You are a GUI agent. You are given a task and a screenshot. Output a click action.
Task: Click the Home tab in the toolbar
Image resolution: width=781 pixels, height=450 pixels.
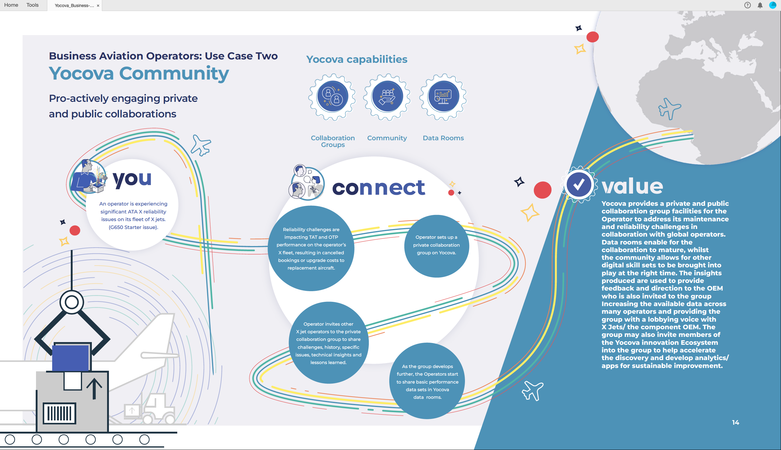coord(11,5)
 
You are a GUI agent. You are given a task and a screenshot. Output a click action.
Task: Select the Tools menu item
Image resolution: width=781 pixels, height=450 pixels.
coord(32,5)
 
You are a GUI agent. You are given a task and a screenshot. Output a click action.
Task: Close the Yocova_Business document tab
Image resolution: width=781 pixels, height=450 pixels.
coord(98,5)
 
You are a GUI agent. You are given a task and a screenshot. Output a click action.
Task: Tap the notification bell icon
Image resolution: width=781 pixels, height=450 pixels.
coord(760,5)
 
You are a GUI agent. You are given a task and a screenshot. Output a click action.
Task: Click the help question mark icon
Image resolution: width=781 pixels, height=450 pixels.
coord(747,5)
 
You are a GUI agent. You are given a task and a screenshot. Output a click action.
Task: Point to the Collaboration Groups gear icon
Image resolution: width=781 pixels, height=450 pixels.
coord(332,97)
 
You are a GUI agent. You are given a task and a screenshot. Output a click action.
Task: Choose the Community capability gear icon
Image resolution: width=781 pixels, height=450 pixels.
coord(387,97)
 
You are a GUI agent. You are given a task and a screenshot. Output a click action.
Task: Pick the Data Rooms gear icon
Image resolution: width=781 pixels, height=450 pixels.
coord(443,97)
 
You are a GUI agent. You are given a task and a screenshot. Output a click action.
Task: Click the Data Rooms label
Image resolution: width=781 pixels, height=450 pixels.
coord(443,138)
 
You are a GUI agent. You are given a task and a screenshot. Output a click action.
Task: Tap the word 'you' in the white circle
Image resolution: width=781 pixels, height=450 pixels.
coord(132,179)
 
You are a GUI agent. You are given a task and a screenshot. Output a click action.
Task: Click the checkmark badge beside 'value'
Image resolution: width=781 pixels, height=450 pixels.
coord(578,185)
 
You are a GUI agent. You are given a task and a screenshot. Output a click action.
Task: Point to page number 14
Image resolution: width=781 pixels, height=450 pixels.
coord(736,423)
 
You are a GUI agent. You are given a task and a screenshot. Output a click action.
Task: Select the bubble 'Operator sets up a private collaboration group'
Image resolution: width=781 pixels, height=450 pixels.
coord(437,246)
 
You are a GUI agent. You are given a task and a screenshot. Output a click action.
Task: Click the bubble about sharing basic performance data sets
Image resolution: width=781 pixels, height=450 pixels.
coord(427,381)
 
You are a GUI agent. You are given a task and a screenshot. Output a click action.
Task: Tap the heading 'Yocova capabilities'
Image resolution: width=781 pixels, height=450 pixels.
coord(357,59)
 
